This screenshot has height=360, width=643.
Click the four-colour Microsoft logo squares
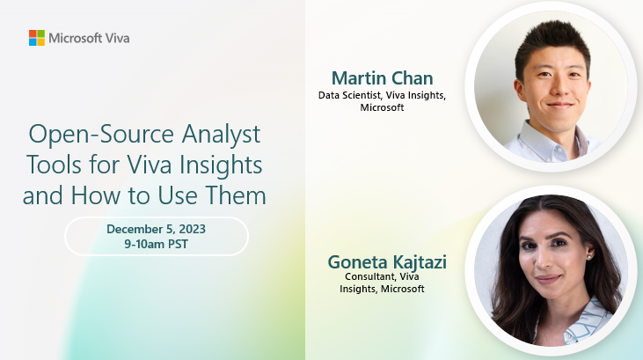pos(37,38)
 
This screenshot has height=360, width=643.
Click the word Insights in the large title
pos(220,164)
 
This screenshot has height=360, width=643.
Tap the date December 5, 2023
pos(157,229)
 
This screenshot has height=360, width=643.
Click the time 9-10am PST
pos(157,244)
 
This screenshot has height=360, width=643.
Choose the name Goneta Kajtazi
pos(387,261)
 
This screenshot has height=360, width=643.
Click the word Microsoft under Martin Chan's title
pos(382,107)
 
